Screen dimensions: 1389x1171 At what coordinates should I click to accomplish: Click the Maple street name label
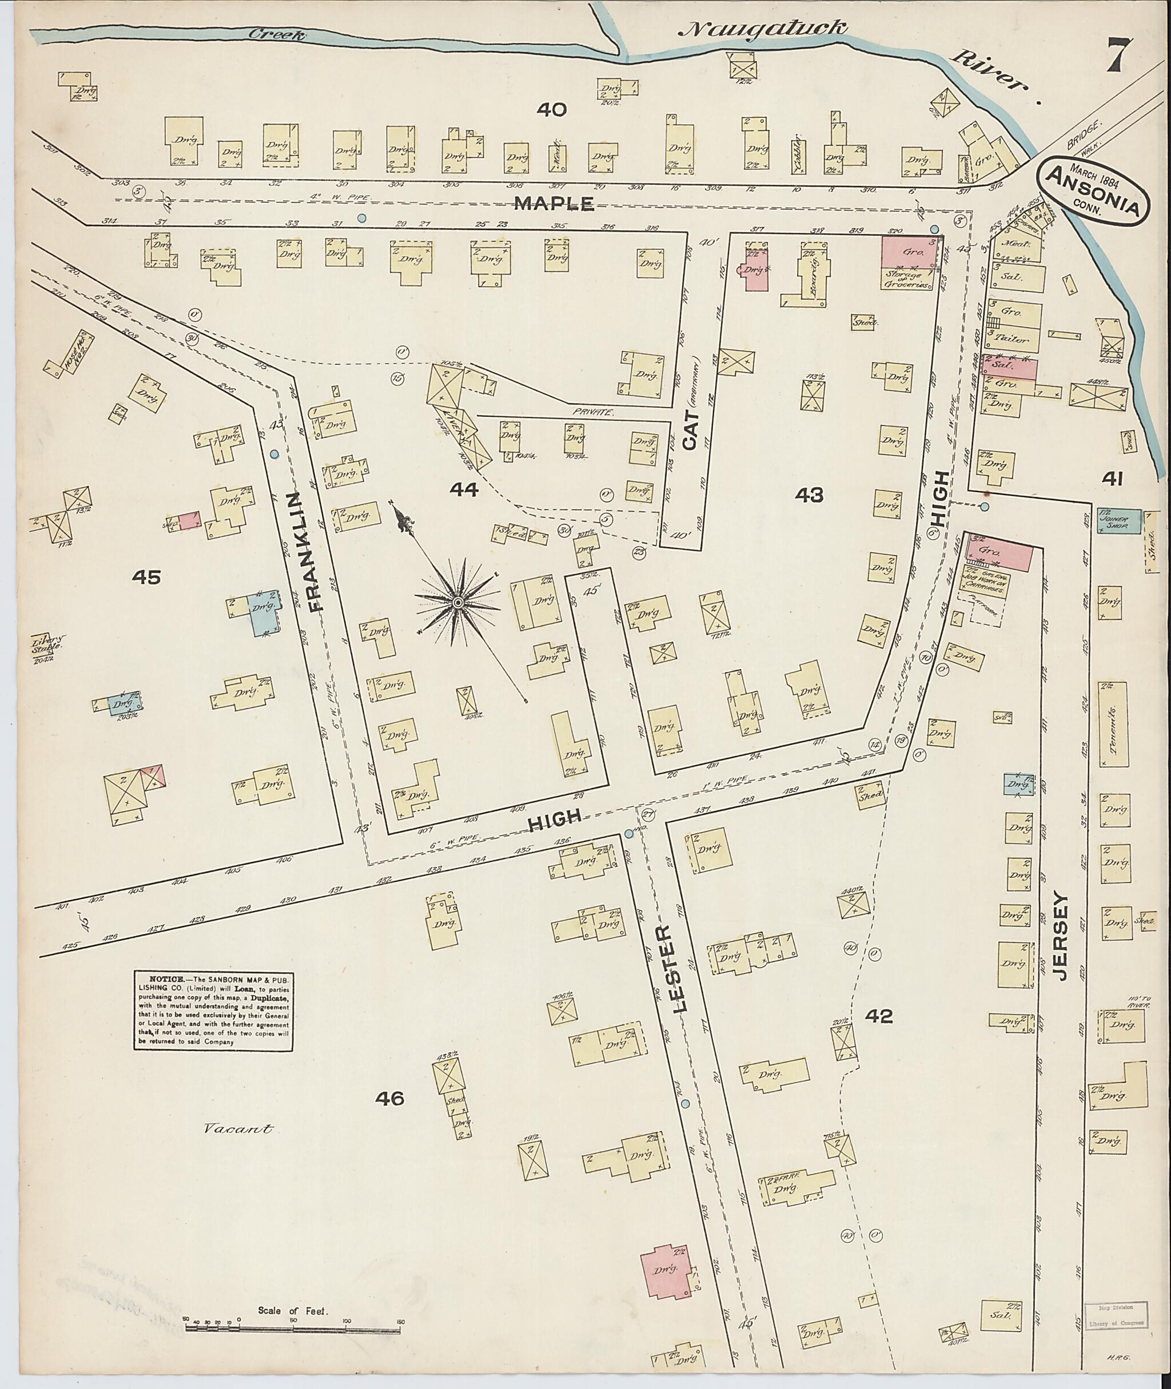coord(555,203)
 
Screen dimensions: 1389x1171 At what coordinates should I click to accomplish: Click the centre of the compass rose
coord(458,602)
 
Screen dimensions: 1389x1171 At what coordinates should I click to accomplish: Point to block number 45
coord(146,578)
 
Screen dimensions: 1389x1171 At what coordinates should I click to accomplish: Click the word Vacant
coord(238,1128)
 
